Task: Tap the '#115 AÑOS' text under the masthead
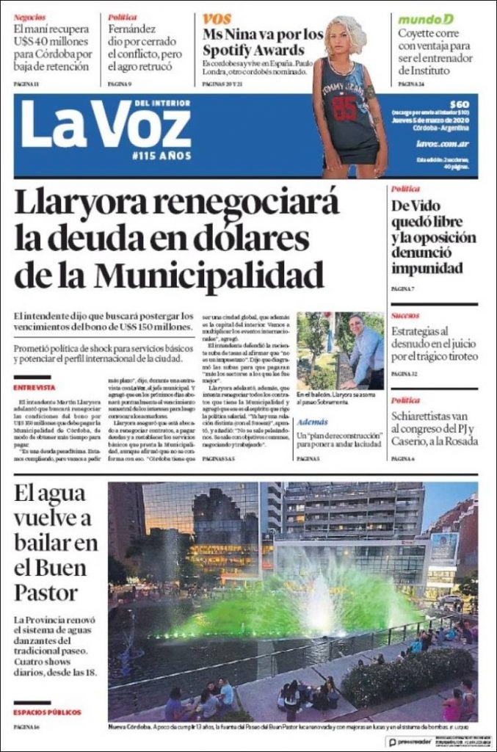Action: point(162,156)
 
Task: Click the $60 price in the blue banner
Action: point(460,104)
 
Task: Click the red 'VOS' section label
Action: point(217,18)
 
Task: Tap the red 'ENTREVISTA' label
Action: point(34,387)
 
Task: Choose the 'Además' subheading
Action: point(313,423)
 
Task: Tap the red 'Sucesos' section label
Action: point(405,315)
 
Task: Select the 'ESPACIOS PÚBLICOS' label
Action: point(47,712)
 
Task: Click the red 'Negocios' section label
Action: point(29,16)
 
